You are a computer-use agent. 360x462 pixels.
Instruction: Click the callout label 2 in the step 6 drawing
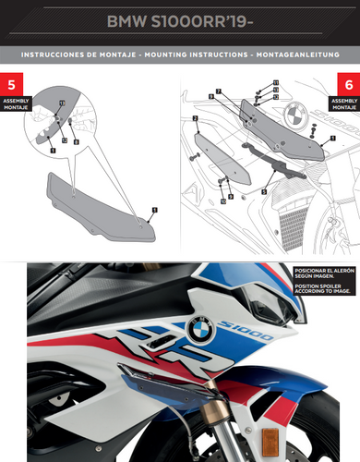pos(196,120)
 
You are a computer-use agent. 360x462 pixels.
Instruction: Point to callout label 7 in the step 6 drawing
pos(213,92)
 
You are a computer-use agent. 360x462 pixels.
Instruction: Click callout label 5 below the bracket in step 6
pos(264,190)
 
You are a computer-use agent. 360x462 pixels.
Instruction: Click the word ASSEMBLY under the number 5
pos(17,98)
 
